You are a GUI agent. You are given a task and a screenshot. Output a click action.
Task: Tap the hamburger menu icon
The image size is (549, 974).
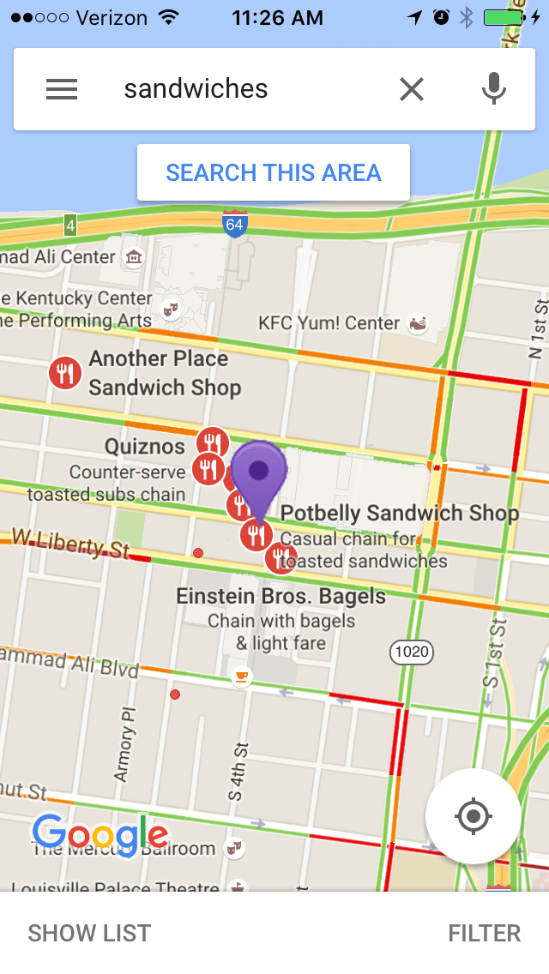pos(62,89)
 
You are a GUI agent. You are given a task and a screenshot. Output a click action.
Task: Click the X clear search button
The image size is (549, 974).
pos(412,89)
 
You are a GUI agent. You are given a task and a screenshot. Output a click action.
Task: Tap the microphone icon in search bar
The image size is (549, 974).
pos(493,89)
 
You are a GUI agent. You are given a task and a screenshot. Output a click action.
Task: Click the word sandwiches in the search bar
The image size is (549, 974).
pos(196,89)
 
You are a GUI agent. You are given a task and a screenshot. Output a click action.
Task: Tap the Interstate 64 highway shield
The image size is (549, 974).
pos(234,224)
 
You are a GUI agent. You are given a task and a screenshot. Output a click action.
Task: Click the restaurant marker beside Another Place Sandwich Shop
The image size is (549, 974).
pos(64,373)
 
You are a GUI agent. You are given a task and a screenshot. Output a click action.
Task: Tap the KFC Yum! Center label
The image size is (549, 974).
pos(329,323)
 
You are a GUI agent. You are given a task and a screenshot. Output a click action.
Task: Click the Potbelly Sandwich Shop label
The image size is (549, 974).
pos(400,514)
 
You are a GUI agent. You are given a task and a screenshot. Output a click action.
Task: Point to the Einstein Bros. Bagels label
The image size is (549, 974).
pos(281,596)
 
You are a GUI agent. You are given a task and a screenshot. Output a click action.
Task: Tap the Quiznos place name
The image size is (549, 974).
pos(144,447)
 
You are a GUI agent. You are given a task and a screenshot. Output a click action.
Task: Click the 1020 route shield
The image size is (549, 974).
pos(412,652)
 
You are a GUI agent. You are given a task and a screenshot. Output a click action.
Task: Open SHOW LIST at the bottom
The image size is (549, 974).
pos(89,933)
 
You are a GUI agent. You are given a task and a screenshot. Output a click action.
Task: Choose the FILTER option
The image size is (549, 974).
pos(484,933)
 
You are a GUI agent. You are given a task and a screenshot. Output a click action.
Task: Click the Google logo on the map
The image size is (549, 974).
pos(100,834)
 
